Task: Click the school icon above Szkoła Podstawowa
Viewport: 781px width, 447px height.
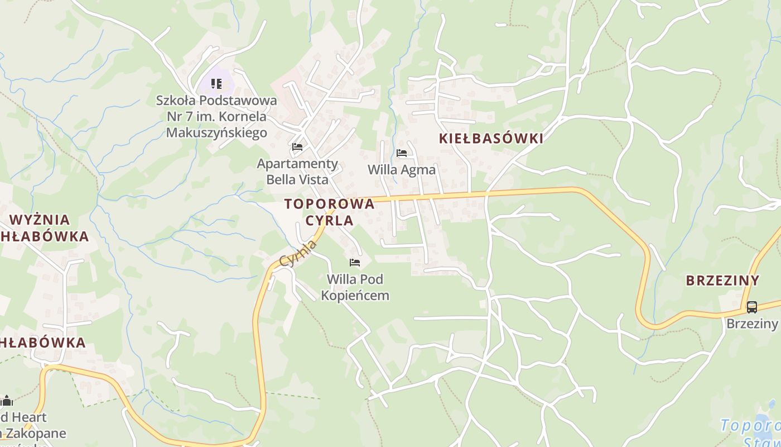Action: point(216,84)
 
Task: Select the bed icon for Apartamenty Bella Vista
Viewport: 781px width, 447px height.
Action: point(297,147)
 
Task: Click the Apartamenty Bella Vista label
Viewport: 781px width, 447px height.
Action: point(297,172)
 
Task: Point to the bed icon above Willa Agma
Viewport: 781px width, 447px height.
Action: point(402,153)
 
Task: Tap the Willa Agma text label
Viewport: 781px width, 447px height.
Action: point(402,170)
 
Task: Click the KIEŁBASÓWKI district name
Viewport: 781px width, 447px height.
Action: point(491,139)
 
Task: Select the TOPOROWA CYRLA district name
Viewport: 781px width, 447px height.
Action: point(329,212)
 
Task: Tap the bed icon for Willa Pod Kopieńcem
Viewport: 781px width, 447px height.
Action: point(354,262)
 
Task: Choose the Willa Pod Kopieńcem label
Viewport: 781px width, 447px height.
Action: point(355,287)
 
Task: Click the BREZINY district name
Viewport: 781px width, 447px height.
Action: point(722,280)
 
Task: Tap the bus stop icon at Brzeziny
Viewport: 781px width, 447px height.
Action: point(751,307)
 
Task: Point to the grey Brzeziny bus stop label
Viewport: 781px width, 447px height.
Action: point(751,324)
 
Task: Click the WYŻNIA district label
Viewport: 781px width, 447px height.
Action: point(40,220)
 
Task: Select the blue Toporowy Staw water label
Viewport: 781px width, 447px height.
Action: point(750,434)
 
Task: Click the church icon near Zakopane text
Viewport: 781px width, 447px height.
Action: point(7,400)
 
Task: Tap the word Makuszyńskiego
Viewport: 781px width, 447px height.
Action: point(216,132)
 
